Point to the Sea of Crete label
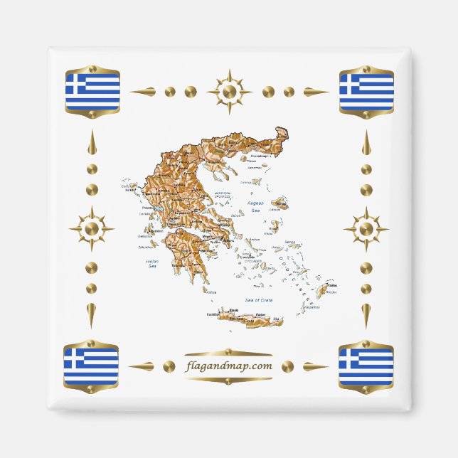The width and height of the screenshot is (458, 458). (259, 301)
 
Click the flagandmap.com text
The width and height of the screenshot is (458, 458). (228, 366)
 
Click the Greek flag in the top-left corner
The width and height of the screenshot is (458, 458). (92, 91)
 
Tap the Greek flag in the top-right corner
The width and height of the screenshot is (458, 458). (366, 91)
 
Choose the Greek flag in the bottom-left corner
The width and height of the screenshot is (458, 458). (91, 366)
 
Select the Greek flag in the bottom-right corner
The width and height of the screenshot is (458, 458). (366, 366)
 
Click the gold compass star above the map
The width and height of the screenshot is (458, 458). (229, 91)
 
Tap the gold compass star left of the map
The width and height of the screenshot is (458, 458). (91, 228)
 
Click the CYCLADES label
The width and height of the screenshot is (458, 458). (253, 261)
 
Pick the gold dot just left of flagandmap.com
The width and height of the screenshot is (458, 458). (169, 366)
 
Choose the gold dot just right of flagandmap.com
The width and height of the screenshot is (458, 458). (287, 366)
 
